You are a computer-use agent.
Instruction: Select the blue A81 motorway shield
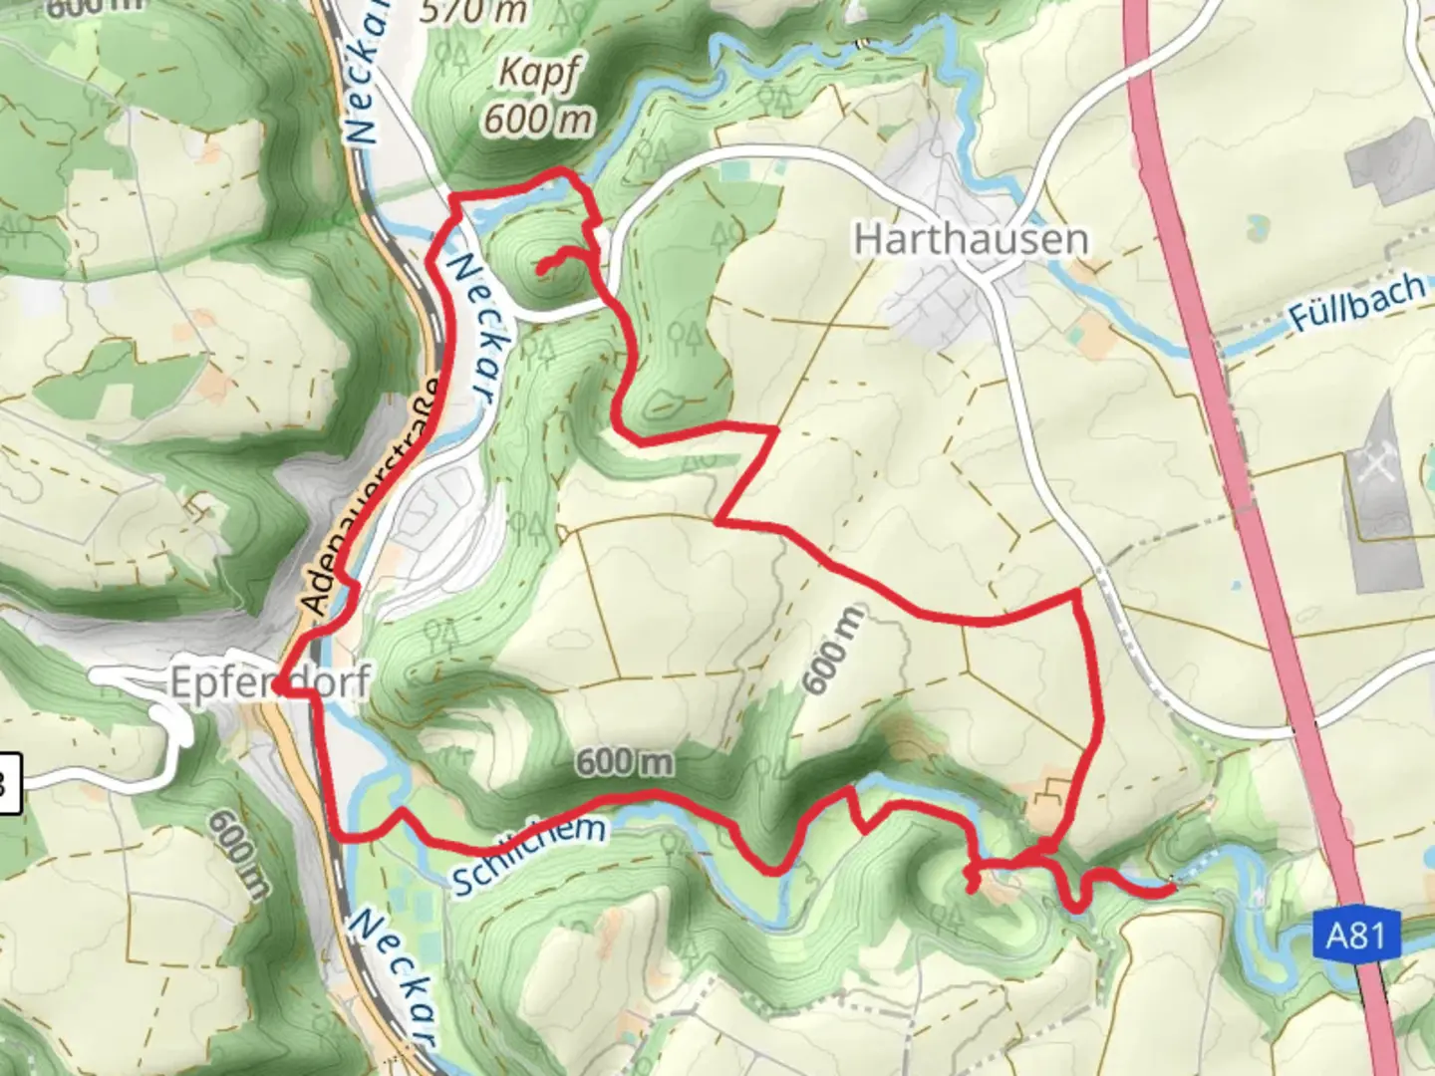1355,938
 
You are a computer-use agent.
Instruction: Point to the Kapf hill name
539,74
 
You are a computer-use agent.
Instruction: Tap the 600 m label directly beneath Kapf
538,120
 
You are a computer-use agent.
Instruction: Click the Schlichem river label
528,855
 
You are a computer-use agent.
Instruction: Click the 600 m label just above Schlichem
624,762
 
